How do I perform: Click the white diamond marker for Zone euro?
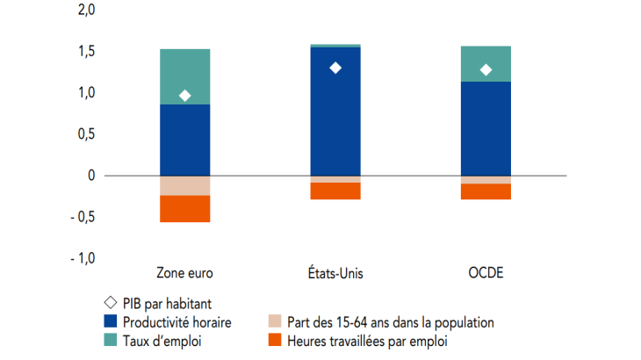coord(185,96)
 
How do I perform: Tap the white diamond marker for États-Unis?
coord(335,68)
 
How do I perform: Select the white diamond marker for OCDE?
coord(486,70)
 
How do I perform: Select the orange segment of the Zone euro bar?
coord(185,209)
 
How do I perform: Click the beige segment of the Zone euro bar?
coord(185,185)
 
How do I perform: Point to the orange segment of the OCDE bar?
coord(486,191)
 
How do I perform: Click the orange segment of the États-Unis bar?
coord(335,191)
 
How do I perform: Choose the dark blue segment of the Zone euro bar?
coord(185,140)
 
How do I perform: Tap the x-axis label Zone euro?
coord(185,274)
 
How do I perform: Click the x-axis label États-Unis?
coord(335,274)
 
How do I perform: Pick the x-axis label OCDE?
coord(486,274)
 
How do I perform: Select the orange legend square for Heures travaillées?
coord(275,341)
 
